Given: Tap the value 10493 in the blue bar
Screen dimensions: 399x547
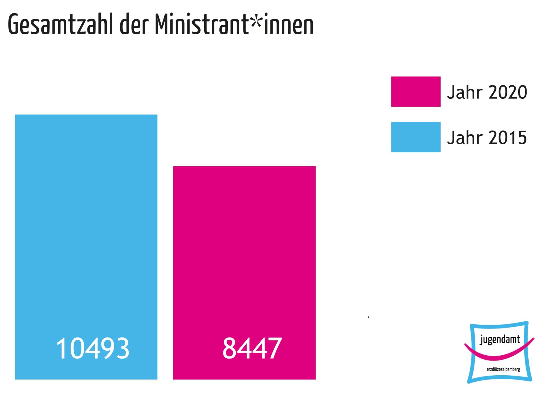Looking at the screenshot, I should coord(93,348).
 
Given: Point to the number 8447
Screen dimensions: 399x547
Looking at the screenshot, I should coord(252,348).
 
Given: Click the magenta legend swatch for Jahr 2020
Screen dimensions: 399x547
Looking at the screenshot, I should coord(415,92).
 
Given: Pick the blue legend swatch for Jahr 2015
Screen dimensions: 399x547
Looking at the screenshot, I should coord(415,137).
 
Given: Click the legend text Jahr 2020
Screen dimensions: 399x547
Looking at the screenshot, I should coord(487,92).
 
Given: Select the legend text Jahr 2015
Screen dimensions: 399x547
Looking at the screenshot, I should coord(487,138).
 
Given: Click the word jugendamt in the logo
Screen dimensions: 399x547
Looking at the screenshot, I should coord(500,340).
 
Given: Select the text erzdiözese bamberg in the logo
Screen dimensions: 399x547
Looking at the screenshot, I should coord(499,369).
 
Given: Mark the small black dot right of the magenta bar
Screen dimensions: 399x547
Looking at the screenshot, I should coord(368,317).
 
